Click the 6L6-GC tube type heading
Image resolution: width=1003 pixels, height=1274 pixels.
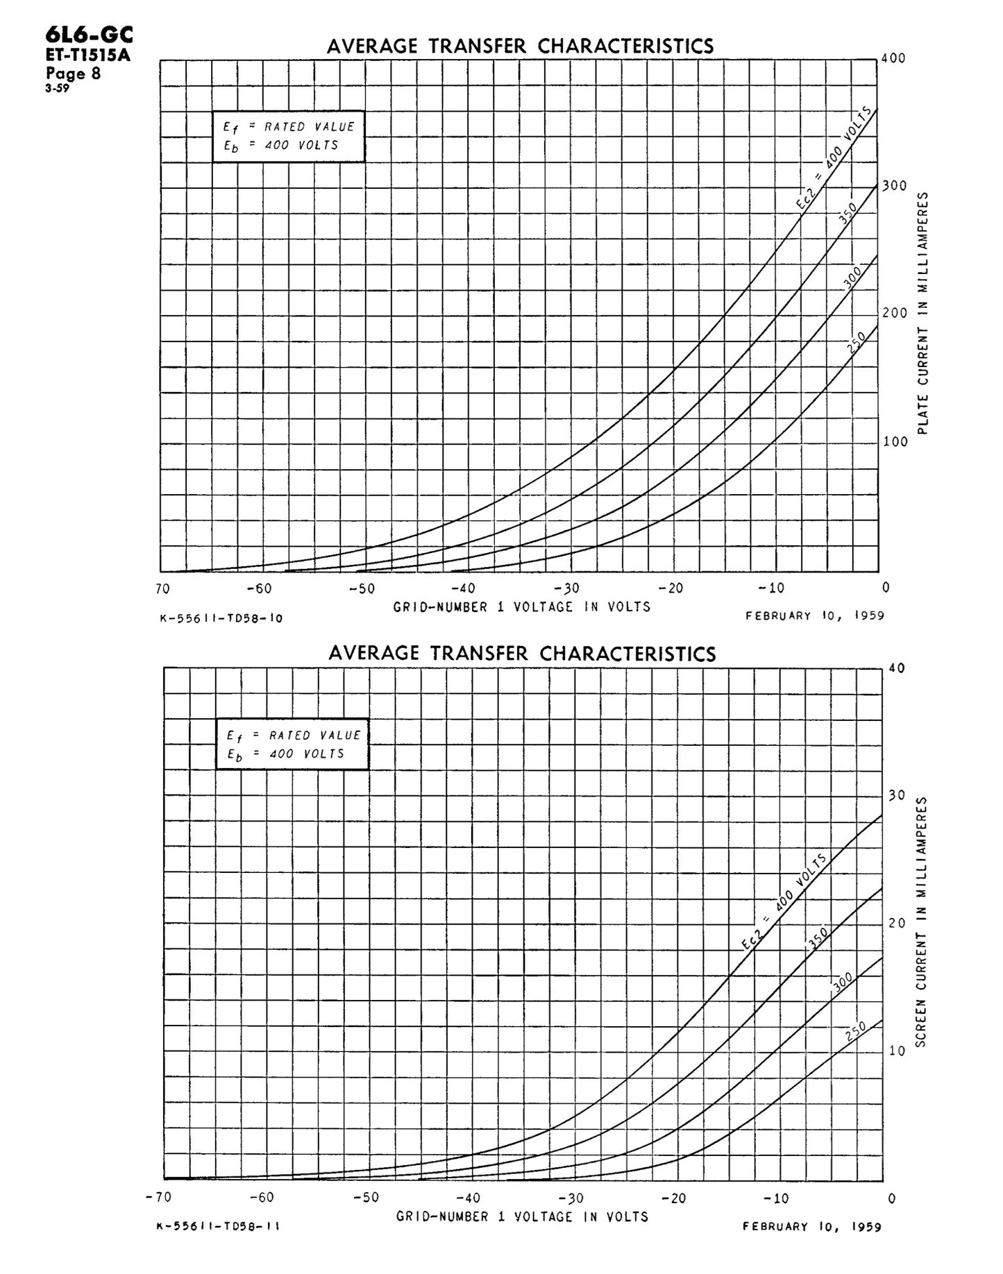88,35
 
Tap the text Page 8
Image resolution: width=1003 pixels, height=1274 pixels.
74,74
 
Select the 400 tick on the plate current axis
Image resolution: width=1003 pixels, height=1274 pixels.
893,58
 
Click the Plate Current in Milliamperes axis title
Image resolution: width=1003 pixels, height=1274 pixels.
922,314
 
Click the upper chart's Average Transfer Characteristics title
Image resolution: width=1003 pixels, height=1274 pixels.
520,46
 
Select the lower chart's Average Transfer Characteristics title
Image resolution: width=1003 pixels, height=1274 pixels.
522,654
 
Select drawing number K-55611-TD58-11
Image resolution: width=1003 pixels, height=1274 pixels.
219,1226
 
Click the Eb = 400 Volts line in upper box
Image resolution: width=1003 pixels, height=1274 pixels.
280,146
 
